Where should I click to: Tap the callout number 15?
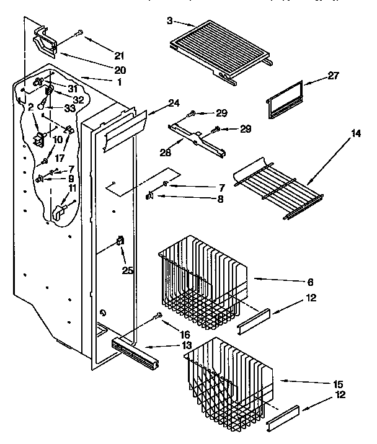point(339,384)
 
